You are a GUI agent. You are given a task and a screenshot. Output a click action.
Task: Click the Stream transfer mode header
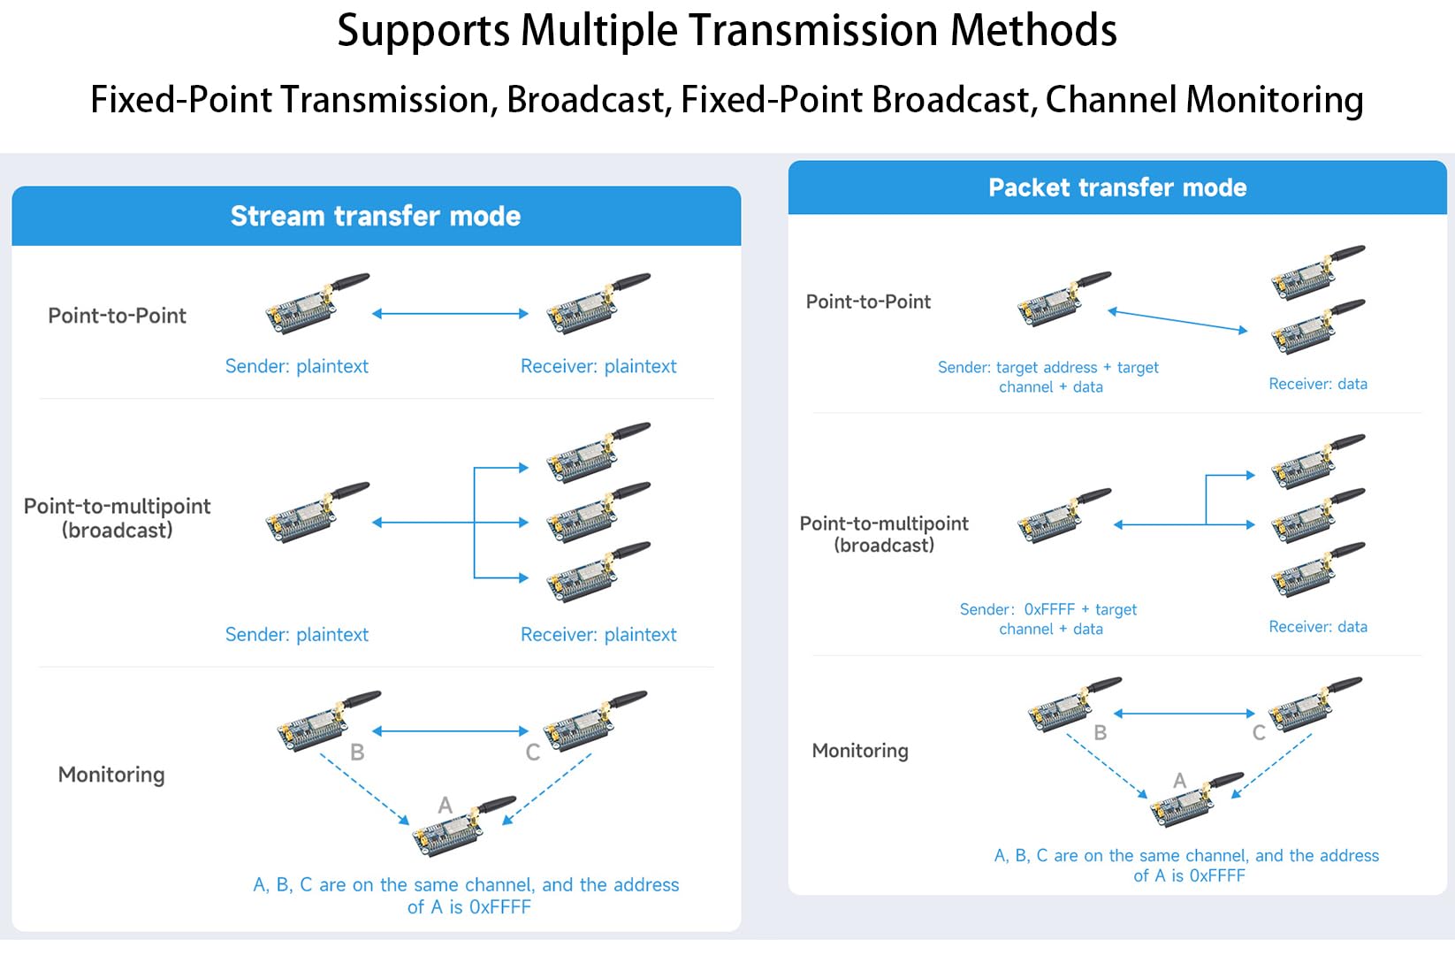point(376,217)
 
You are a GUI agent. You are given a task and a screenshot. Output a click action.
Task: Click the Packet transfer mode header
point(1117,187)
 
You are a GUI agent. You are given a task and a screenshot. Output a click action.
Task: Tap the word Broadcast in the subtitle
point(584,100)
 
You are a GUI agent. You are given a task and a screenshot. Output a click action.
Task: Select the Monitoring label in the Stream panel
point(111,775)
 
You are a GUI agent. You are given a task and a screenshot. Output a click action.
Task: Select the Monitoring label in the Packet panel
point(860,751)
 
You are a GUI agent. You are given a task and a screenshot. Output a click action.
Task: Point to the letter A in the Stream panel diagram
point(446,805)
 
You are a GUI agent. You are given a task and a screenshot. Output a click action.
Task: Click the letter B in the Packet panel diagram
point(1101,732)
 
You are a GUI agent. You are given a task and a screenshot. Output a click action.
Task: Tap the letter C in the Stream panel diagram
point(533,753)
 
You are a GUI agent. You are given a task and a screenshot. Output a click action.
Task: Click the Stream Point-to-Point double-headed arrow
point(450,314)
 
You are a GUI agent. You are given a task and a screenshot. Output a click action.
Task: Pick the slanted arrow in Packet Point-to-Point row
point(1177,321)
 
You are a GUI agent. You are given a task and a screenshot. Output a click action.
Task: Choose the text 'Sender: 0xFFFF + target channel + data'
point(1049,619)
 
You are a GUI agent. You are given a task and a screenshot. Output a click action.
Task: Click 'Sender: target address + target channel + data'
point(1048,377)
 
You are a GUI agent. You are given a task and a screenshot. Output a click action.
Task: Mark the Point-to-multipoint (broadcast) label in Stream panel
point(117,518)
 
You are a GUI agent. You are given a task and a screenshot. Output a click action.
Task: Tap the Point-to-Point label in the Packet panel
point(868,302)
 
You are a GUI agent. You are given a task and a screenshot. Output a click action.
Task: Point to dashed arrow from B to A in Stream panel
point(364,789)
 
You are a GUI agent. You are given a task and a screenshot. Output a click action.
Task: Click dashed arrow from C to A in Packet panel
point(1273,765)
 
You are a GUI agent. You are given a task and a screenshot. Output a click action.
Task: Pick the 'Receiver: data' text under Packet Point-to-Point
point(1318,384)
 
